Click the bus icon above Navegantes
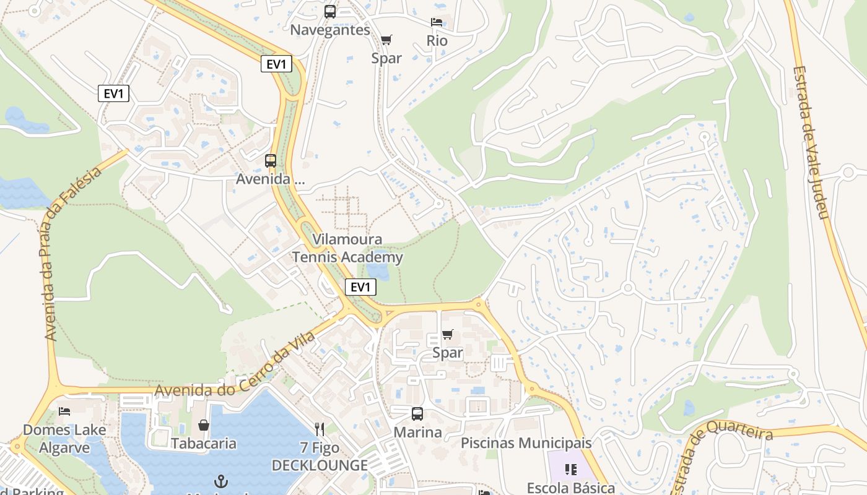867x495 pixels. pyautogui.click(x=330, y=11)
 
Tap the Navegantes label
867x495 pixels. pyautogui.click(x=330, y=30)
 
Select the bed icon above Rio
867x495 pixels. pyautogui.click(x=437, y=22)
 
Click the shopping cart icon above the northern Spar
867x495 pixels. pyautogui.click(x=386, y=40)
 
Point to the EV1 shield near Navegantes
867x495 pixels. pyautogui.click(x=276, y=64)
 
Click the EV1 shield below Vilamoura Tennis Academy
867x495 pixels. pyautogui.click(x=360, y=287)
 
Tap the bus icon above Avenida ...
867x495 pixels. pyautogui.click(x=271, y=161)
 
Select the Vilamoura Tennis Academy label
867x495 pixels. pyautogui.click(x=347, y=248)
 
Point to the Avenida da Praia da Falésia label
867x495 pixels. pyautogui.click(x=73, y=254)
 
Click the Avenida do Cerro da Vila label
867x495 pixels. pyautogui.click(x=235, y=365)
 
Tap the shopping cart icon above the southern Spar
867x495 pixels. pyautogui.click(x=448, y=335)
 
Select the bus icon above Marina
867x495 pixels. pyautogui.click(x=417, y=414)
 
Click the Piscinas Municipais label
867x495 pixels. pyautogui.click(x=526, y=443)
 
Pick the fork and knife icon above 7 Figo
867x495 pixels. pyautogui.click(x=320, y=429)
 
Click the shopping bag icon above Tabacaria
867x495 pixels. pyautogui.click(x=204, y=425)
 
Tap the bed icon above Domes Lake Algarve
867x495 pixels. pyautogui.click(x=64, y=411)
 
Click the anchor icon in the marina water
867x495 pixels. pyautogui.click(x=221, y=481)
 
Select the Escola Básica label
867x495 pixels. pyautogui.click(x=570, y=488)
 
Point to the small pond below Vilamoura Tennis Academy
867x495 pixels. pyautogui.click(x=377, y=272)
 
